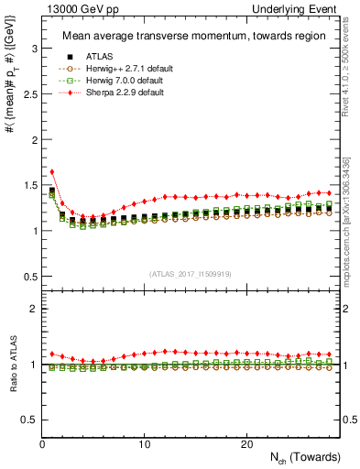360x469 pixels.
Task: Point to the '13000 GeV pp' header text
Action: (x=73, y=8)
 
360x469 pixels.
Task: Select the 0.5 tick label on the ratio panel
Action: (x=29, y=420)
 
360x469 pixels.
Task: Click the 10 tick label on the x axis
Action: (x=145, y=444)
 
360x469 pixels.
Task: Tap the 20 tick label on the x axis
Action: (x=246, y=444)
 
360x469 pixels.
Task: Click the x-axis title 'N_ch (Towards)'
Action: (x=296, y=458)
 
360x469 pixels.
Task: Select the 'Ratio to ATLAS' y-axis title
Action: (x=12, y=365)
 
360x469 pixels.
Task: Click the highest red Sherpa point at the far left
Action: (x=52, y=171)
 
